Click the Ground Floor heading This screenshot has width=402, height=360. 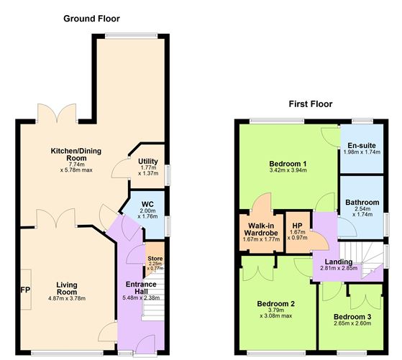coord(91,19)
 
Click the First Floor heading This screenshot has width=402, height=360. coord(311,104)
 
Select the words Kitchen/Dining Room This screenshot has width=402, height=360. coord(73,154)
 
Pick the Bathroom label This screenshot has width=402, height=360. coord(362,203)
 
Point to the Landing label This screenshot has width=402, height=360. coord(337,261)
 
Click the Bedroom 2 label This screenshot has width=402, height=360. coord(276,304)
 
